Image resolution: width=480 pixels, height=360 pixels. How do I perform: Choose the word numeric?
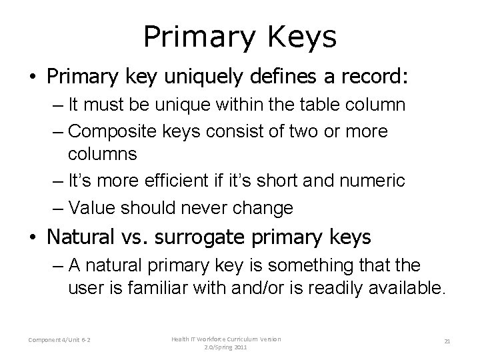[374, 180]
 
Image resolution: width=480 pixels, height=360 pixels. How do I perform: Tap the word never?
[230, 207]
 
